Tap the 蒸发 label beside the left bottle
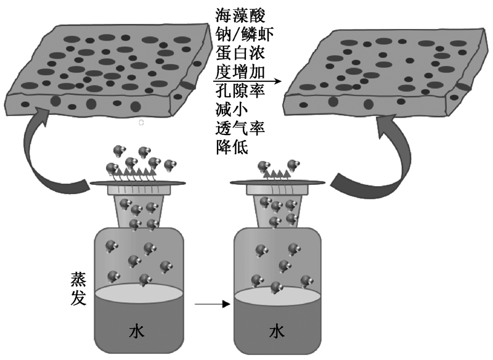pos(81,290)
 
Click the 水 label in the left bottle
pos(137,332)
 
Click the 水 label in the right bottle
pos(277,332)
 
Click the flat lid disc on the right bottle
pos(277,182)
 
